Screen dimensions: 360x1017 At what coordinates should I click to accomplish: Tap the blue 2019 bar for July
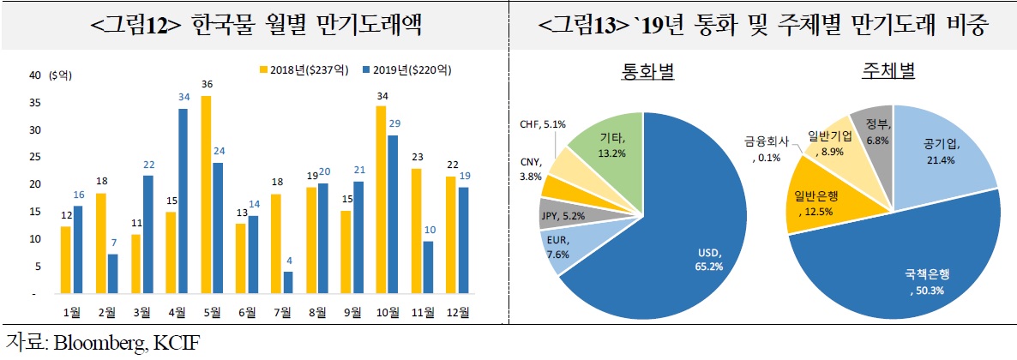[288, 282]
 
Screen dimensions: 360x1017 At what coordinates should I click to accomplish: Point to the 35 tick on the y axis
[35, 103]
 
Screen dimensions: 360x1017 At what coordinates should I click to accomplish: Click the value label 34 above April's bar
[183, 98]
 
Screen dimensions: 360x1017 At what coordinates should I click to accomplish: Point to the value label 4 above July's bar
[288, 261]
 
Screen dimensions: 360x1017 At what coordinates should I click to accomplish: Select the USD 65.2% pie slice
[677, 240]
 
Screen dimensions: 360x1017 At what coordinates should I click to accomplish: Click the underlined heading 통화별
[647, 73]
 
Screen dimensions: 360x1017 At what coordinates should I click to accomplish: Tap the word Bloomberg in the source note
[97, 344]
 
